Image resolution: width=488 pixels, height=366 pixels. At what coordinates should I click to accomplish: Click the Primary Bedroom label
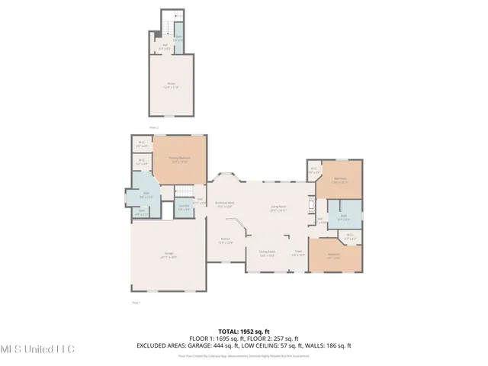[x=179, y=159]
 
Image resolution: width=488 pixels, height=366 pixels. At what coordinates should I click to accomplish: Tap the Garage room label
[x=169, y=257]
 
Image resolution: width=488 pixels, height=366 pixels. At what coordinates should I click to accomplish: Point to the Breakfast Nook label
[x=224, y=204]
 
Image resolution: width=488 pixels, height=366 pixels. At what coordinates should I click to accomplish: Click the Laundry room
[x=184, y=207]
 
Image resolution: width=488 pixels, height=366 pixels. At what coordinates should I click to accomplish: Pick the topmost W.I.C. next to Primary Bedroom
[x=143, y=143]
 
